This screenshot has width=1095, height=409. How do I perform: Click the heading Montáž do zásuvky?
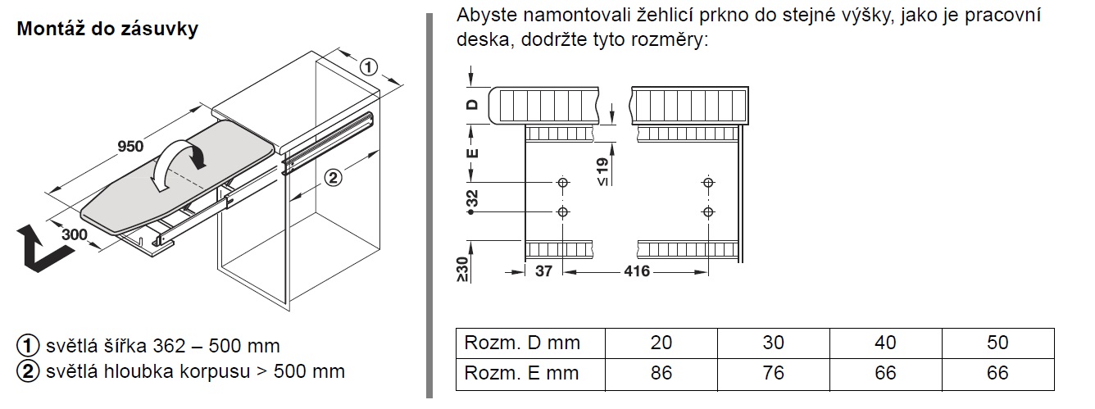tap(107, 30)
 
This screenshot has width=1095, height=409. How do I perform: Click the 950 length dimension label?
tap(130, 147)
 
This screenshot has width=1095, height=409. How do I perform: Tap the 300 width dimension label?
tap(75, 234)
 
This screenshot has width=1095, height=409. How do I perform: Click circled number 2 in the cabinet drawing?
tap(333, 176)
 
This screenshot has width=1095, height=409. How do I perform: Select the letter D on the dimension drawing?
tap(471, 105)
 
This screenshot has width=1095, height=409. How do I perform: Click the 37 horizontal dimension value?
tap(544, 270)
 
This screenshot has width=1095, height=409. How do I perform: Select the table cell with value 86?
tap(661, 373)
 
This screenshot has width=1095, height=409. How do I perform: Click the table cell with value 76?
tap(773, 373)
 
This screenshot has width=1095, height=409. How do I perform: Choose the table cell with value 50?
tap(997, 343)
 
